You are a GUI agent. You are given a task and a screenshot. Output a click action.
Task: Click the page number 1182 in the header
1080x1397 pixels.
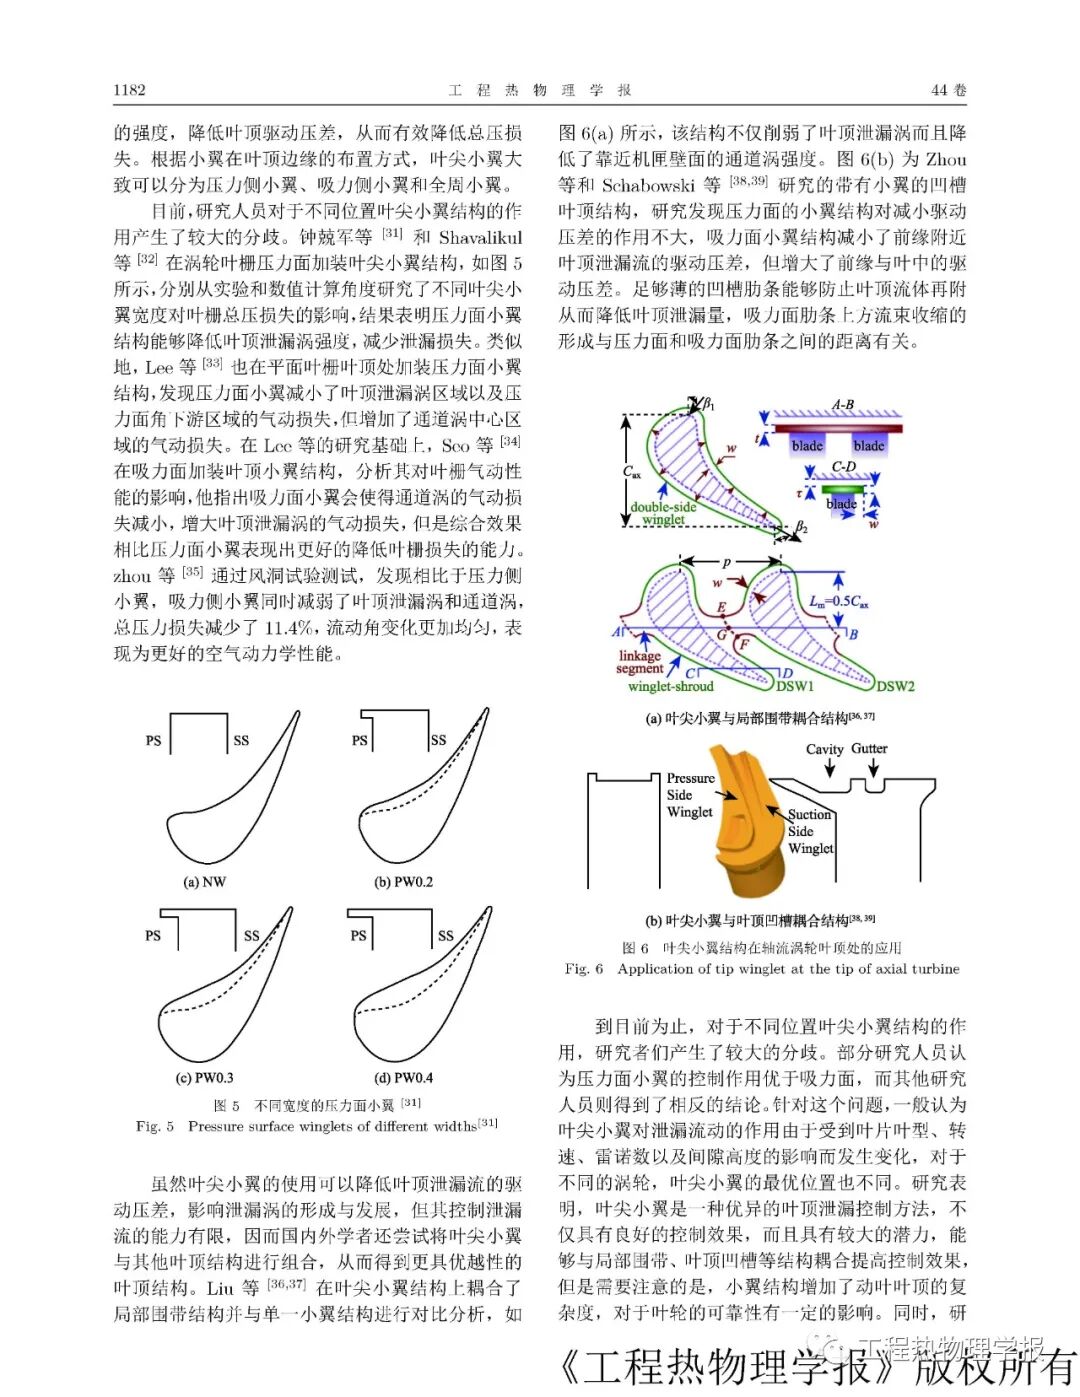[x=130, y=90]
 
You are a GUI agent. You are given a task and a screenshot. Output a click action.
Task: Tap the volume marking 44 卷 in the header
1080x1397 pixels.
[x=948, y=90]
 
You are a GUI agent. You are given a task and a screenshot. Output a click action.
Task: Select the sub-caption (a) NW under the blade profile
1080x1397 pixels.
[x=204, y=882]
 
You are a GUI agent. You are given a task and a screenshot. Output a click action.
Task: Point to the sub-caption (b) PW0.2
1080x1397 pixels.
[x=403, y=882]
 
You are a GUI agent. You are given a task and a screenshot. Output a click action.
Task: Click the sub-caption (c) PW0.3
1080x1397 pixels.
[x=204, y=1078]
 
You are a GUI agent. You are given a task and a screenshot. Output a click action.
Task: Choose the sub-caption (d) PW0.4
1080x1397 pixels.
[x=403, y=1078]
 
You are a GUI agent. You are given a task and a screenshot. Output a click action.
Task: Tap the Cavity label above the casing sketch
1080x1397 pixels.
[x=825, y=749]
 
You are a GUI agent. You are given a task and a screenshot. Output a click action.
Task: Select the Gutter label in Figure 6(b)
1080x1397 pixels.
[x=869, y=748]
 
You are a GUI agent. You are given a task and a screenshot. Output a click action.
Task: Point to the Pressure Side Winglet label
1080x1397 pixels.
[x=690, y=795]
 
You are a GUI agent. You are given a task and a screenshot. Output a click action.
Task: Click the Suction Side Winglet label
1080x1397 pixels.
[x=810, y=831]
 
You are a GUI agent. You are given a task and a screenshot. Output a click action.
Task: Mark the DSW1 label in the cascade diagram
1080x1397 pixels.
[x=796, y=686]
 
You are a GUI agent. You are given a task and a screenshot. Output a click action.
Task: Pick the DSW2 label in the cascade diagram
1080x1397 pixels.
[x=895, y=686]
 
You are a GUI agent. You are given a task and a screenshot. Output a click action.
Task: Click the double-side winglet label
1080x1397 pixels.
[x=663, y=513]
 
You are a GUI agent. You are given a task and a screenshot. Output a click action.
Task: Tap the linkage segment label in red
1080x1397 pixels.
[x=639, y=662]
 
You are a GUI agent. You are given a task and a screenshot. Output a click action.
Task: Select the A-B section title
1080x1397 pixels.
[x=843, y=405]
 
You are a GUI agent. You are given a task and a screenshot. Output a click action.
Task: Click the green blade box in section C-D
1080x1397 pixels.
[x=841, y=503]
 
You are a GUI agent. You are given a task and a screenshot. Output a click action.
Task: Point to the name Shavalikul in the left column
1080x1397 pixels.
[x=480, y=237]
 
